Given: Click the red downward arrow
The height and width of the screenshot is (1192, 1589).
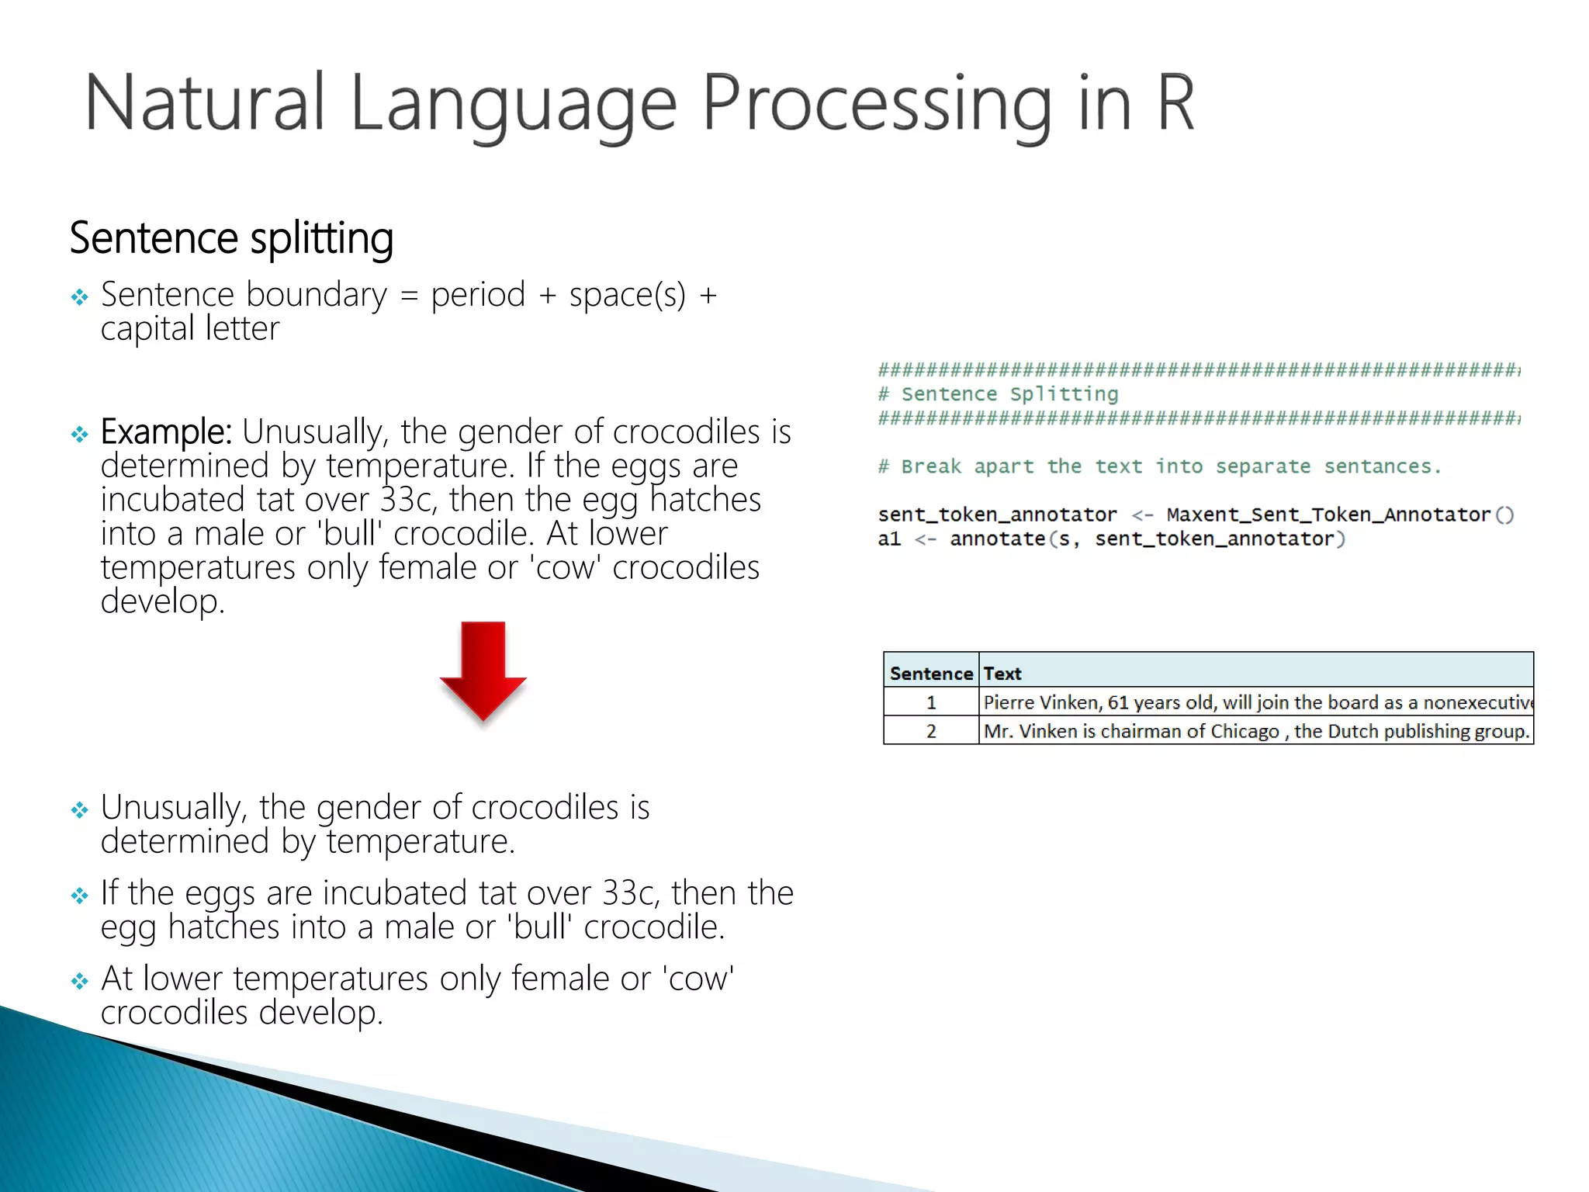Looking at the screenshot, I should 483,669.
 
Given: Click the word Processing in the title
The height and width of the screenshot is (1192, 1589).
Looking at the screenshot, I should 877,105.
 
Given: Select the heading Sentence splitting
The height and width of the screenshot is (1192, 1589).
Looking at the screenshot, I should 231,237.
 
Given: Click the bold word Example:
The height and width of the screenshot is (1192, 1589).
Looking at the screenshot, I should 166,431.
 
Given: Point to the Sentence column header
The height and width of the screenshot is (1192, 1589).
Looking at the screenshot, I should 930,674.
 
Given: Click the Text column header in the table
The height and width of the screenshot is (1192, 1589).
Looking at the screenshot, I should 1002,674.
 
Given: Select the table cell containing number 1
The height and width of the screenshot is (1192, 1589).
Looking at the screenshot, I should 930,702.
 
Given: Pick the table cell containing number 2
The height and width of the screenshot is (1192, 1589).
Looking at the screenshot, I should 930,731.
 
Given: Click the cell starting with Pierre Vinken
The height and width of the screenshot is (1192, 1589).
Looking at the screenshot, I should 1255,702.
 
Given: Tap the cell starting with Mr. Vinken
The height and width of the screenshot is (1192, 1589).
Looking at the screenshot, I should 1255,731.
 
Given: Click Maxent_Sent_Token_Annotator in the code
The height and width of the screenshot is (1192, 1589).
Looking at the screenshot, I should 1328,515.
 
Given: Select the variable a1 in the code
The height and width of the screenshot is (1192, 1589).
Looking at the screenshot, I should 889,539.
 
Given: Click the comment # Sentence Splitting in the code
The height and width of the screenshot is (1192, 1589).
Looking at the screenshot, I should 998,394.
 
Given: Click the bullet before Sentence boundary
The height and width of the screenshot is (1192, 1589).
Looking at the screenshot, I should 79,297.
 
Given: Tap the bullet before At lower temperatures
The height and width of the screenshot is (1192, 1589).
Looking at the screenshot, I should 79,981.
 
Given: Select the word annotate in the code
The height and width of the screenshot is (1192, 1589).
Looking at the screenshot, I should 997,539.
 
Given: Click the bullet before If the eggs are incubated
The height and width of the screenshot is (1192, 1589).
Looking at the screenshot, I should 79,896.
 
